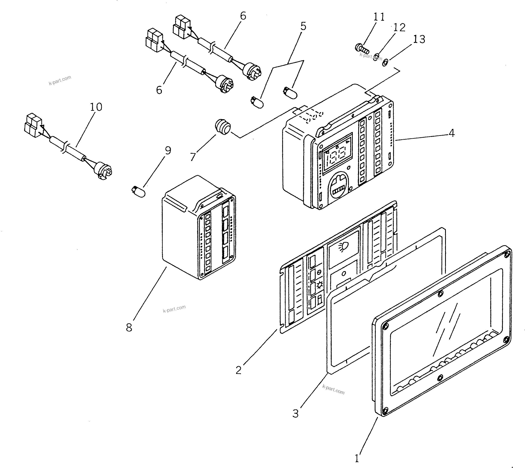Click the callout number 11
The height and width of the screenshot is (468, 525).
tap(379, 17)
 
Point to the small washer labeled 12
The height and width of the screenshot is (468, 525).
tap(376, 56)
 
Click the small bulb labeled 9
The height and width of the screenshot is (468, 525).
tap(138, 191)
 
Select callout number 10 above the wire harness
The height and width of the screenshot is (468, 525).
tap(96, 107)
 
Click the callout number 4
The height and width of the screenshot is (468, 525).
tap(451, 133)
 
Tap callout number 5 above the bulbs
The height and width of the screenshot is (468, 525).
tap(303, 26)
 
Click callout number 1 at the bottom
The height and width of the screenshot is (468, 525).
tap(357, 458)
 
